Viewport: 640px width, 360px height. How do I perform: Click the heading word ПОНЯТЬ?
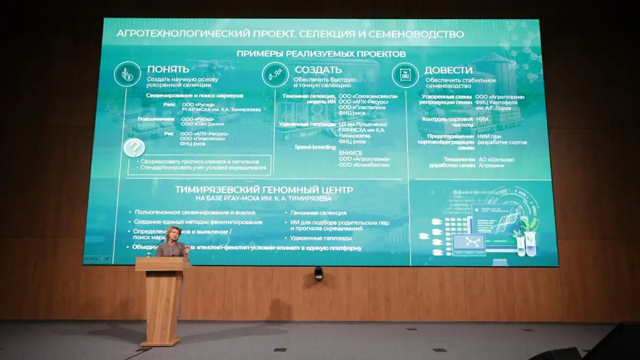tap(168, 69)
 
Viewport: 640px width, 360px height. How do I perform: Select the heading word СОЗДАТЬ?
tap(318, 70)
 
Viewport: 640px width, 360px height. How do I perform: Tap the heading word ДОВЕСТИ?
tap(448, 70)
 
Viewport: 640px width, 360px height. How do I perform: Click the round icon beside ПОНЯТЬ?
tap(127, 74)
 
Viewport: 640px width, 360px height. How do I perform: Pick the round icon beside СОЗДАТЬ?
tap(275, 74)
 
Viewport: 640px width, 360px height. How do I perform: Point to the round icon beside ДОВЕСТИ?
tap(405, 75)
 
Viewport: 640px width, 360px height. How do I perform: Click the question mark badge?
tap(134, 148)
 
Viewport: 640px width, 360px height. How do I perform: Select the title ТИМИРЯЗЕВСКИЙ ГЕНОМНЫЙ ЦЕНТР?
tap(264, 190)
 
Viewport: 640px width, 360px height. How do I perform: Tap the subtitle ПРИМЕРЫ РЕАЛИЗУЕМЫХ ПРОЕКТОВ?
tap(321, 54)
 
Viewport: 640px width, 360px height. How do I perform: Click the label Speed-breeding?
tap(315, 147)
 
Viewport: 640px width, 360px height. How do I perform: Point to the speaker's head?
tap(174, 234)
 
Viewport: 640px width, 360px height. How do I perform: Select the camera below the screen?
tap(318, 273)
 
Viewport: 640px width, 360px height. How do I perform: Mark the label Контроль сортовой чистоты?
tap(446, 122)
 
